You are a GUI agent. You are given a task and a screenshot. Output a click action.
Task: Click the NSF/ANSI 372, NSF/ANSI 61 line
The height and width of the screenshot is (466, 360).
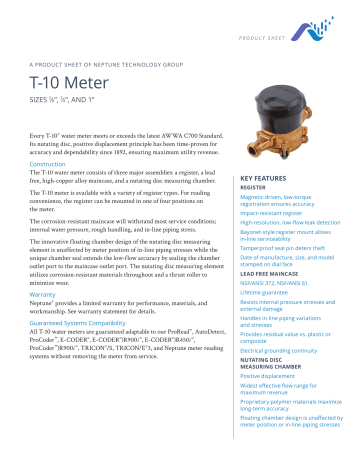[279, 283]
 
